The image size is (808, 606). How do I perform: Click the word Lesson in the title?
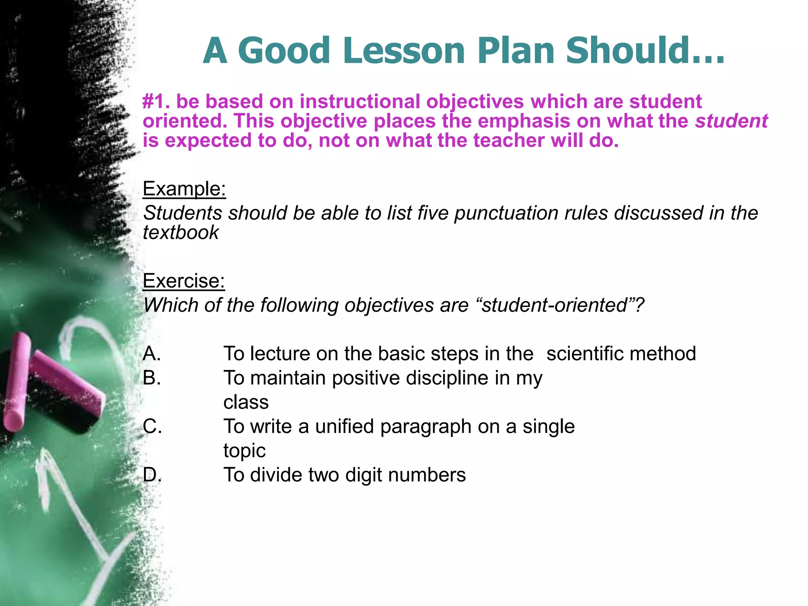point(404,50)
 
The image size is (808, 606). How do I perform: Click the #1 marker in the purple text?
point(155,101)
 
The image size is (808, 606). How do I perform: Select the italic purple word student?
point(731,121)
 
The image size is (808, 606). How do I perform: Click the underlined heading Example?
point(184,189)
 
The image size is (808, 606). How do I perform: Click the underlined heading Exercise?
point(183,281)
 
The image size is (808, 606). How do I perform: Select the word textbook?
point(181,233)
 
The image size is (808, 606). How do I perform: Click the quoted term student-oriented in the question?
point(555,305)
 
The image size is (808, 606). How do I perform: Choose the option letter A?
point(151,353)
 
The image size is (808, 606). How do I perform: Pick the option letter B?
point(151,378)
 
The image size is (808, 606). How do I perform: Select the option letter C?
point(152,426)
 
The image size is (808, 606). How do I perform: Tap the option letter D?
point(152,475)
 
